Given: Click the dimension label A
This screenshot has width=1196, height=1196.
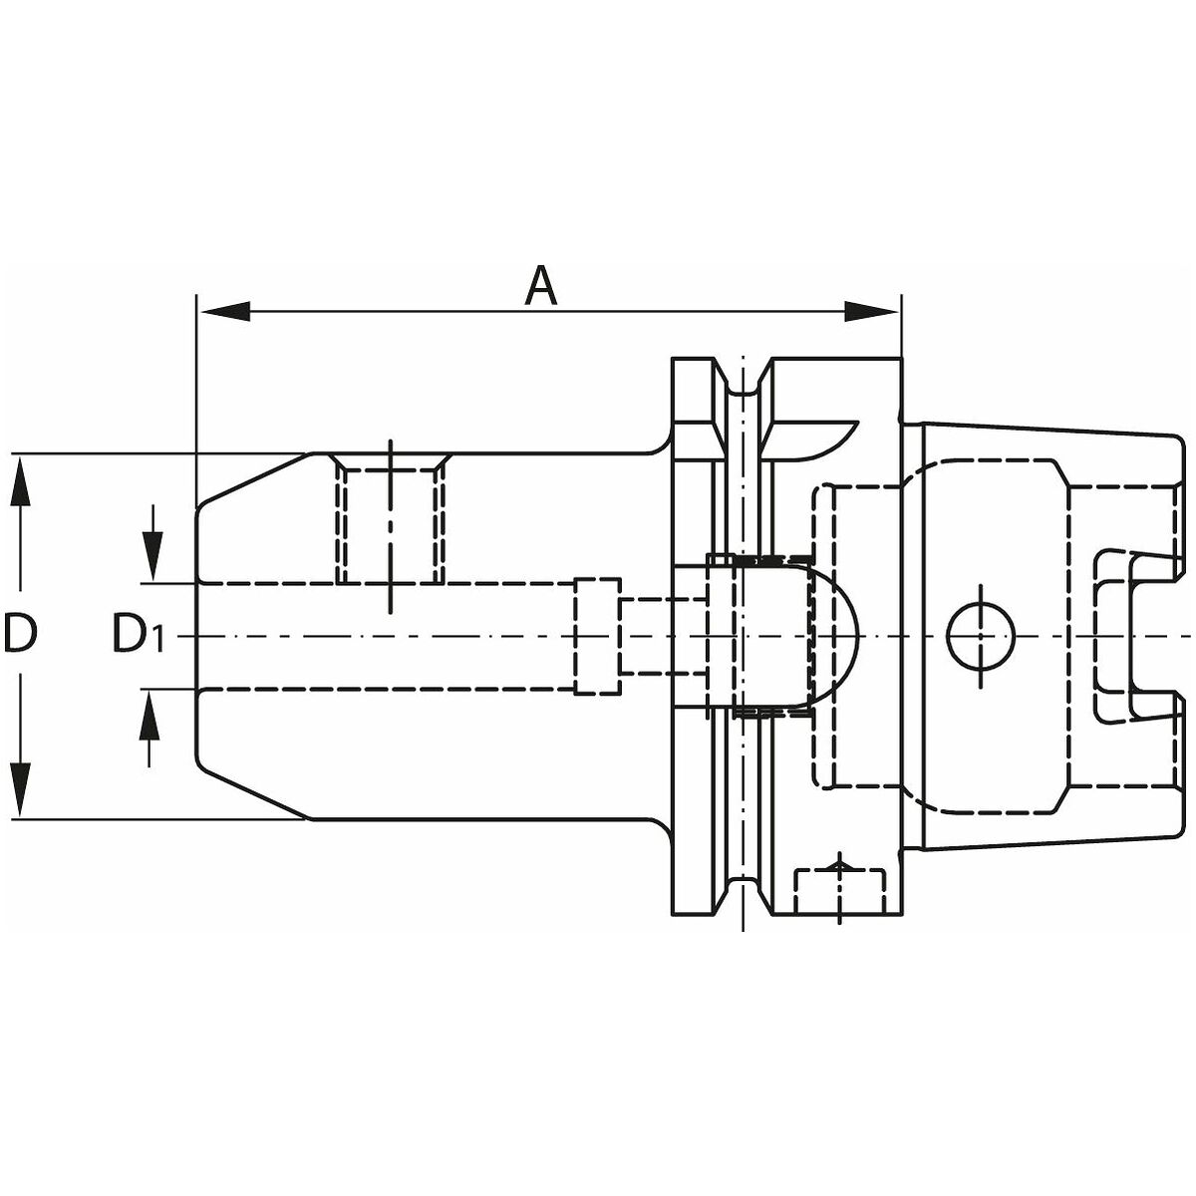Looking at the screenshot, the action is click(540, 286).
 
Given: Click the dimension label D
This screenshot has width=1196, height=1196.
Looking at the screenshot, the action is click(20, 633).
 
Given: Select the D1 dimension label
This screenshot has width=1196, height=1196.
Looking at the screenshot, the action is click(139, 633).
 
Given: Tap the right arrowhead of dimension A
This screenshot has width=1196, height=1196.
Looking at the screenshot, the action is click(873, 312).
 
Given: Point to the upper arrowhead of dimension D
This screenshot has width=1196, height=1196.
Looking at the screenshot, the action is click(21, 481).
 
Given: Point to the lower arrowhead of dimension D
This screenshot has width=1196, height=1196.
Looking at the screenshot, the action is click(21, 791).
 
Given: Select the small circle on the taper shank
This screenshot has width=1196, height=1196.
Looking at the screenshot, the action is click(981, 636).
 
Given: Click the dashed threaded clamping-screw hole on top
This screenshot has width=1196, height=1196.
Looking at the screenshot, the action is click(391, 519).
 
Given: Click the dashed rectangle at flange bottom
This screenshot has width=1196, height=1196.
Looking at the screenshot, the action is click(840, 892).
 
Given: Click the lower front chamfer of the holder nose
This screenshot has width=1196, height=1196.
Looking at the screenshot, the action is click(253, 792).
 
